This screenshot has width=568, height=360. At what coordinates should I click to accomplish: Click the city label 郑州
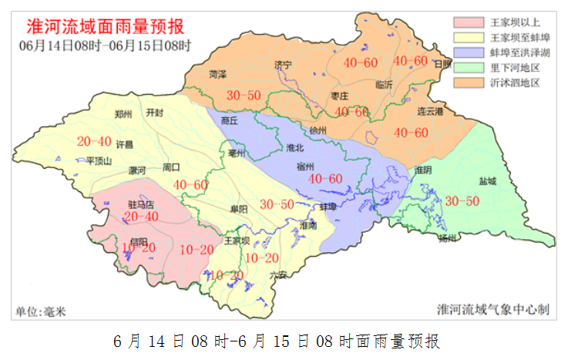point(123,114)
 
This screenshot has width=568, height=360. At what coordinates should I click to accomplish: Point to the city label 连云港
point(430,113)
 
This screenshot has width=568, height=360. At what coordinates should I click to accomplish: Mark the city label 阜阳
point(239,210)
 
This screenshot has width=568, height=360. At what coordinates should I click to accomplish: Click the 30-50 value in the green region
point(462,201)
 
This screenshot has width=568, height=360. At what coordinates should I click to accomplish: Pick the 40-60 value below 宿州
point(324,179)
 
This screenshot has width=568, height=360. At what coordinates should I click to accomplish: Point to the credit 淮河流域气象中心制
point(492,310)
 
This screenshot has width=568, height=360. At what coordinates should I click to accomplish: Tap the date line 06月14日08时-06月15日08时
point(105,45)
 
